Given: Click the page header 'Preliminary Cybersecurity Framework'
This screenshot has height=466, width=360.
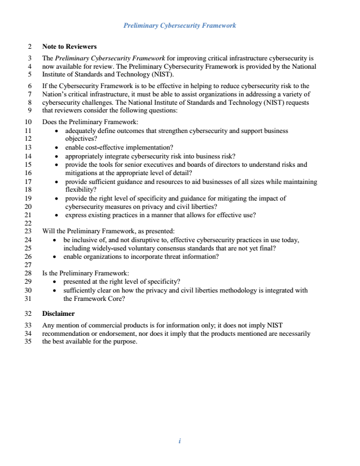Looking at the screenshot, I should (180, 25).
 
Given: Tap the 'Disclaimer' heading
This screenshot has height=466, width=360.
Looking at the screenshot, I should (58, 314).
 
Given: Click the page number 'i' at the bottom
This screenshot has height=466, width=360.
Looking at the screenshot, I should (180, 441).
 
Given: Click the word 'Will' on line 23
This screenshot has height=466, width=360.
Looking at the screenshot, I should (49, 231).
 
